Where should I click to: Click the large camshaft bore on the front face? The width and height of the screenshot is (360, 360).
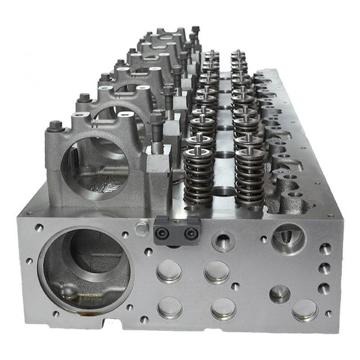tap(84, 266)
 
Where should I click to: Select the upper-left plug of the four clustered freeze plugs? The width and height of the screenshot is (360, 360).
tap(169, 271)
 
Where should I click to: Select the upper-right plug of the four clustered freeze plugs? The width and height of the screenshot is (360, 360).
tap(217, 271)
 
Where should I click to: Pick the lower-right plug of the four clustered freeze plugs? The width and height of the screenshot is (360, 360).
tap(223, 307)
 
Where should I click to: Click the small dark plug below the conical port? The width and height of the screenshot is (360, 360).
tap(280, 293)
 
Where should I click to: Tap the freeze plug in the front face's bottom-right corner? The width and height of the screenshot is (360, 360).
tap(304, 310)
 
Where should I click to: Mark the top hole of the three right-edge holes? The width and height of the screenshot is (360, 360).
tap(325, 249)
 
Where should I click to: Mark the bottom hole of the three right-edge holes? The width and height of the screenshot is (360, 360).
tap(324, 287)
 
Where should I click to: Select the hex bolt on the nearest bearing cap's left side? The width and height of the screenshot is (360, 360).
tap(55, 125)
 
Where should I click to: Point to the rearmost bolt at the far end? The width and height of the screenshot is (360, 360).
tap(195, 31)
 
